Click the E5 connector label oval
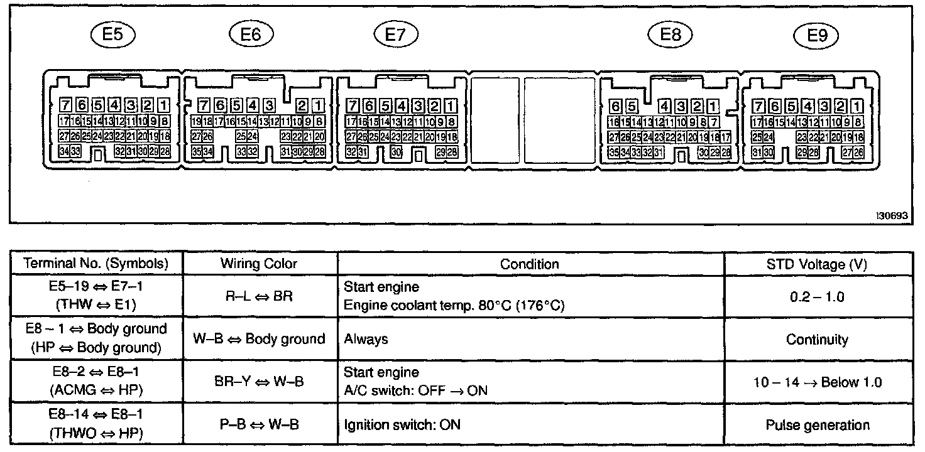click(x=112, y=35)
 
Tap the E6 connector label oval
click(x=251, y=35)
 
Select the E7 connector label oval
click(x=395, y=35)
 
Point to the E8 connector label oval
click(x=671, y=35)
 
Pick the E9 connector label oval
click(x=816, y=36)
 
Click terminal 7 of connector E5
click(x=65, y=105)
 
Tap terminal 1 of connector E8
click(x=713, y=106)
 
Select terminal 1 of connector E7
click(x=450, y=106)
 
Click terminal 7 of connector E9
click(x=759, y=106)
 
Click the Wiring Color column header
click(x=259, y=264)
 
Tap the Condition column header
click(x=529, y=264)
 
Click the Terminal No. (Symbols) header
click(x=96, y=264)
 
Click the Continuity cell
click(x=817, y=340)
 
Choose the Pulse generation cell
click(x=817, y=425)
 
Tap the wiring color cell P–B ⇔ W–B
click(x=259, y=425)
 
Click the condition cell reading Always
click(x=366, y=340)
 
